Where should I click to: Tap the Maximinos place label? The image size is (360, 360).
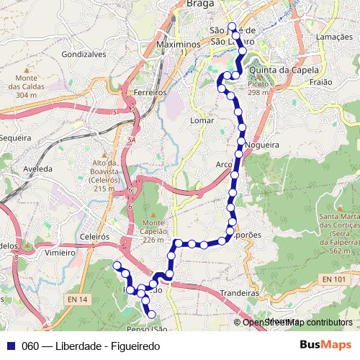176,45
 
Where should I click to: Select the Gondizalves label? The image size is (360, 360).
84,54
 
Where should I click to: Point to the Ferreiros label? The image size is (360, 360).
150,93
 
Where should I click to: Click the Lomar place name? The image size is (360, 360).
203,120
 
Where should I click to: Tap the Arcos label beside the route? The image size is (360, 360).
224,165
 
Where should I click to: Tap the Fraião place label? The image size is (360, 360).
320,83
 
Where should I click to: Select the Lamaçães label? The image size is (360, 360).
333,37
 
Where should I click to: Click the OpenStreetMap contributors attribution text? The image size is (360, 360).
297,323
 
